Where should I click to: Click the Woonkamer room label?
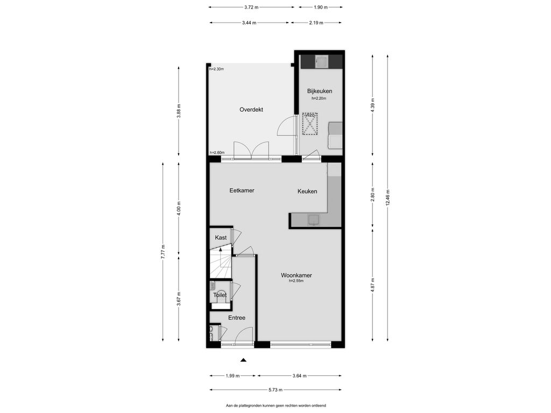tap(296, 275)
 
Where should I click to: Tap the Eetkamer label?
tap(242, 190)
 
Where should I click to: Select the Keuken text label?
tap(307, 191)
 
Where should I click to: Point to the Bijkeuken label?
tap(320, 91)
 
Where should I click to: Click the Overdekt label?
tap(251, 110)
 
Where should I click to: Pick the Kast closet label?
tap(221, 238)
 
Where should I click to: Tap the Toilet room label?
tap(220, 295)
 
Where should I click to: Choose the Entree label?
tap(237, 318)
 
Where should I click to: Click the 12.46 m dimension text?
tap(387, 198)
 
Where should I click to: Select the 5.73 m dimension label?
tap(275, 389)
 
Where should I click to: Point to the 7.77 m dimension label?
tap(163, 252)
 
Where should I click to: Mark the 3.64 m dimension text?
tap(299, 376)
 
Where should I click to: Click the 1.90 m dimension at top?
tap(321, 7)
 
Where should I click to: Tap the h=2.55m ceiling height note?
tap(296, 281)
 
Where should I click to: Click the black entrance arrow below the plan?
tap(243, 360)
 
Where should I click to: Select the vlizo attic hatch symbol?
tap(310, 124)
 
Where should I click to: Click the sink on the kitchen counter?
tap(314, 220)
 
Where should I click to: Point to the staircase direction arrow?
tap(220, 250)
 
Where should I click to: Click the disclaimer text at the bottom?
tap(276, 405)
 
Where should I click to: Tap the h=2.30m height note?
tap(216, 69)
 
